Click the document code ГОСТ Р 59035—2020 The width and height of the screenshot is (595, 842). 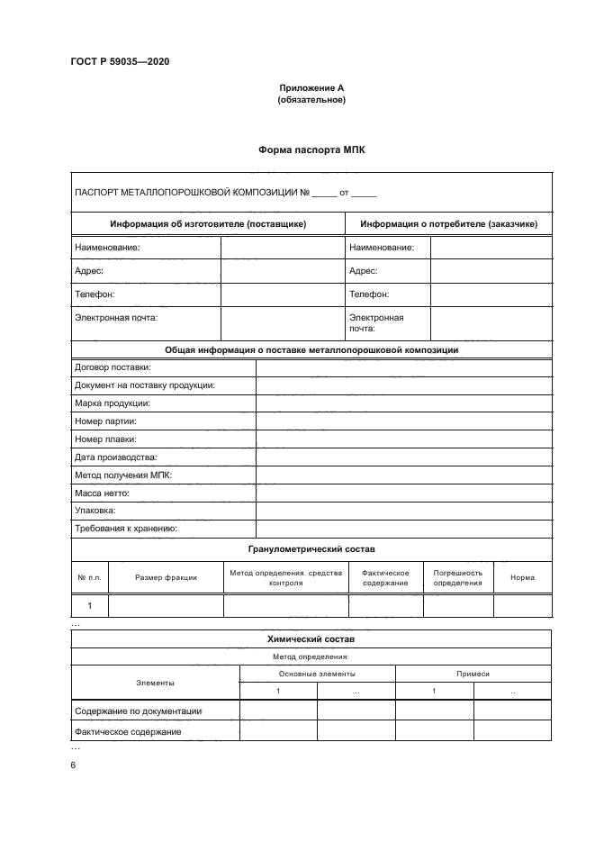click(120, 61)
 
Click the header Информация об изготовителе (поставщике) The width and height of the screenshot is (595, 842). click(208, 223)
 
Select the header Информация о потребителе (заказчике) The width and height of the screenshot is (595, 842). click(448, 223)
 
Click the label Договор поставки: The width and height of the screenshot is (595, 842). click(113, 367)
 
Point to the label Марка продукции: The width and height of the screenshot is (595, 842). click(113, 403)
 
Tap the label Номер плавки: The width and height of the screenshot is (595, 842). click(105, 439)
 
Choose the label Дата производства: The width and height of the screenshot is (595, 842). click(115, 457)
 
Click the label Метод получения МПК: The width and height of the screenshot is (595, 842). click(123, 475)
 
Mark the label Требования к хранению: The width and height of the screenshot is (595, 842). click(126, 529)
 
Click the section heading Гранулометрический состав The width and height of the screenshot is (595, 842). click(311, 548)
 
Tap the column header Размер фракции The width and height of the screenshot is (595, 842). click(166, 577)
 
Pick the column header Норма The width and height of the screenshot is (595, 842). click(522, 577)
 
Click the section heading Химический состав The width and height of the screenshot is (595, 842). click(311, 638)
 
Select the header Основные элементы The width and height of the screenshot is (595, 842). click(317, 674)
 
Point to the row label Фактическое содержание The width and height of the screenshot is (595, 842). click(128, 731)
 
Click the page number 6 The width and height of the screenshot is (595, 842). click(73, 765)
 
